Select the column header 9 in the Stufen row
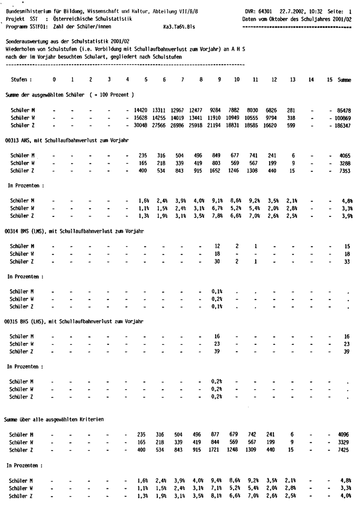(220, 79)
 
